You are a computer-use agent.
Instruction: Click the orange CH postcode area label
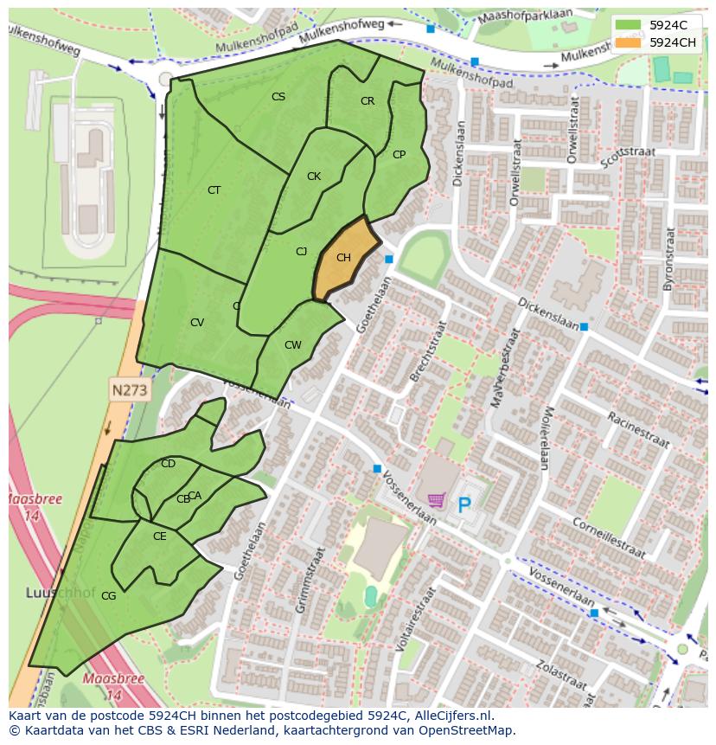tap(343, 258)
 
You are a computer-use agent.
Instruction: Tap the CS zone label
tap(278, 97)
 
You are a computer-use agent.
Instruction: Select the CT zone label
tap(214, 190)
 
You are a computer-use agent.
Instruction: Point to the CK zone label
tap(314, 177)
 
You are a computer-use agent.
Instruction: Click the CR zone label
tap(368, 101)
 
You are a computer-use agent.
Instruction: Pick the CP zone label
tap(399, 155)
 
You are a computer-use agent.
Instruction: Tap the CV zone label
tap(197, 323)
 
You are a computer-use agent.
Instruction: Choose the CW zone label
tap(293, 345)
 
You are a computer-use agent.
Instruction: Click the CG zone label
tap(108, 596)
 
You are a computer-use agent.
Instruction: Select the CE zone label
tap(160, 536)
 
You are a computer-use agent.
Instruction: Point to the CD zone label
tap(169, 464)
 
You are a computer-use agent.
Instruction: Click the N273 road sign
tap(130, 390)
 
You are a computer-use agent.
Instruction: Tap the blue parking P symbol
tap(465, 504)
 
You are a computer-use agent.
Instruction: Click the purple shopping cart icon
tap(437, 500)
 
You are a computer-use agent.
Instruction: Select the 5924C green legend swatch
tap(629, 24)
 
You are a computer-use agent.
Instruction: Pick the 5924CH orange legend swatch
tap(629, 42)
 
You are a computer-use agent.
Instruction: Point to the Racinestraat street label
tap(637, 429)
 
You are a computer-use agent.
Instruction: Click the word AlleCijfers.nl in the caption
tap(451, 716)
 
